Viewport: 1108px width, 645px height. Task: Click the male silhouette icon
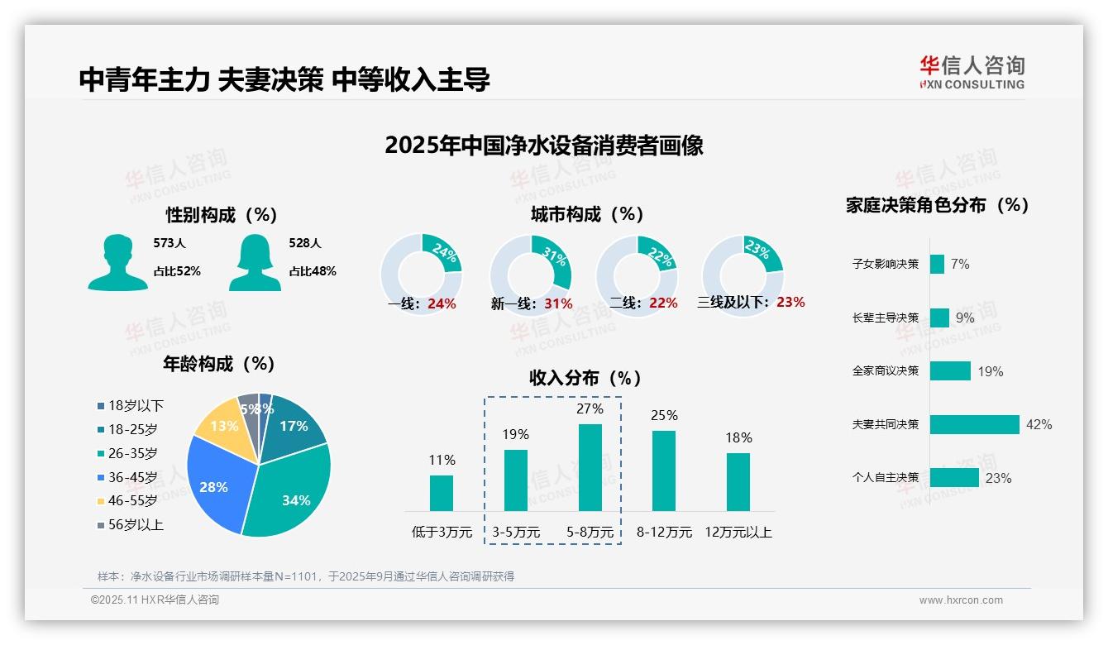pos(117,263)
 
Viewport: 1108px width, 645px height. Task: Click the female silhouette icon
pos(255,263)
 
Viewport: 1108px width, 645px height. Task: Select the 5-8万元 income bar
pos(590,467)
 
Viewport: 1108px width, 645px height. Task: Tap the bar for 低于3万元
pos(442,493)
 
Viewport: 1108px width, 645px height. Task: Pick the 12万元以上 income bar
pos(738,481)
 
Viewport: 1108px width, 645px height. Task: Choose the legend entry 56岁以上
pos(130,524)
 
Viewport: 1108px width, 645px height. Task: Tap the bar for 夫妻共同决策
pos(974,424)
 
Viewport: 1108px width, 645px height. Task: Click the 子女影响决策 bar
pos(937,264)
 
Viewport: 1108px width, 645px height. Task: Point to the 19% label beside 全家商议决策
pos(990,371)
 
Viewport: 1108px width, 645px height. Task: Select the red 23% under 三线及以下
pos(790,302)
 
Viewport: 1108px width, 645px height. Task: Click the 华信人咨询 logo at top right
pos(972,72)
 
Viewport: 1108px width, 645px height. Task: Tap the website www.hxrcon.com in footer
pos(961,600)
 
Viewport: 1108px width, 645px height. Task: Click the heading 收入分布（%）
pos(585,378)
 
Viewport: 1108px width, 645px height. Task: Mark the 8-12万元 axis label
pos(664,532)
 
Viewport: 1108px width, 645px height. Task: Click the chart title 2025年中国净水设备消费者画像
pos(543,146)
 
